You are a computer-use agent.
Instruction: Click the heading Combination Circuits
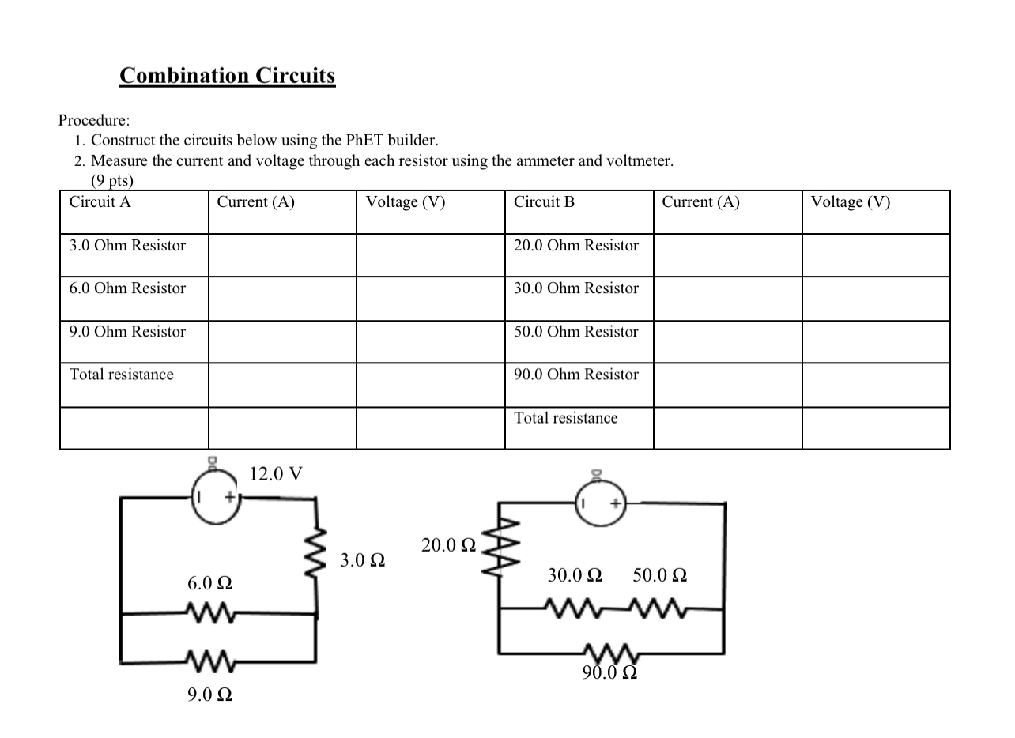pos(228,76)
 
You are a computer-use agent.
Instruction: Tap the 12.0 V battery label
pos(275,474)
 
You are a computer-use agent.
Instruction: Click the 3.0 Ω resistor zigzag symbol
pos(318,552)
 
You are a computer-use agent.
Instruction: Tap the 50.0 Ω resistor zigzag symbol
pos(661,608)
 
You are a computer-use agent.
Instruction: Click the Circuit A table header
pos(100,202)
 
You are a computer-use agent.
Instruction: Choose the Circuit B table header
pos(544,202)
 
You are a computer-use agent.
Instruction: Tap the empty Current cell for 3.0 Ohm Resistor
pos(282,255)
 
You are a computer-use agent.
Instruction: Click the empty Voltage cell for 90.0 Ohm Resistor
pos(876,385)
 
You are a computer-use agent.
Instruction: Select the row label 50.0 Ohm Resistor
pos(575,332)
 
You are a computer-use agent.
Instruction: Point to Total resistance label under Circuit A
pos(121,375)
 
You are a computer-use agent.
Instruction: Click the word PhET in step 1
pos(364,141)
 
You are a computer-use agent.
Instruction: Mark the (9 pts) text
pos(112,181)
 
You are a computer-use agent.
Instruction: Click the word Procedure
pos(94,121)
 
